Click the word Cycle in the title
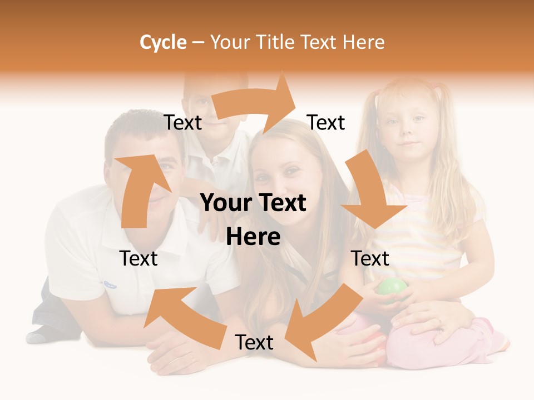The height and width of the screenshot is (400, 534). tap(163, 42)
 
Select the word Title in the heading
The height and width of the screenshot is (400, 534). tap(275, 42)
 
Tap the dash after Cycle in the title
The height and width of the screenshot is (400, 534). tap(198, 43)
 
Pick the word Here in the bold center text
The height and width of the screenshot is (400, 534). tap(253, 237)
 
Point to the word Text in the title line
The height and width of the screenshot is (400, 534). tap(321, 42)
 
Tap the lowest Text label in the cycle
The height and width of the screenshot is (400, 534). tap(254, 343)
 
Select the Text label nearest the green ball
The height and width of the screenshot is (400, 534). tap(370, 258)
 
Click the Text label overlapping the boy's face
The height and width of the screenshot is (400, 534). tap(183, 123)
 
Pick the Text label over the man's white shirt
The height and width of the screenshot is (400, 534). tap(139, 258)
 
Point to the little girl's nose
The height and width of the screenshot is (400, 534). tap(409, 132)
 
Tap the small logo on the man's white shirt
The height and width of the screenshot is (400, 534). tap(110, 285)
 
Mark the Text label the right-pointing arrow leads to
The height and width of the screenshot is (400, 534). tap(326, 123)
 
